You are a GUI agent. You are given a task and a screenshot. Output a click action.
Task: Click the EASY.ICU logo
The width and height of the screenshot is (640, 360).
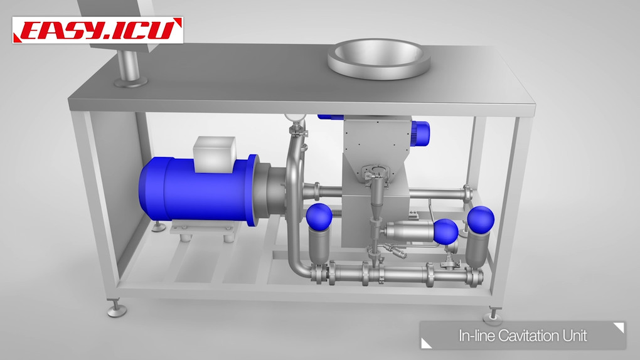97,30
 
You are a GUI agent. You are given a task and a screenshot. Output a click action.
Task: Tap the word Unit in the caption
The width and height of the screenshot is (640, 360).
575,336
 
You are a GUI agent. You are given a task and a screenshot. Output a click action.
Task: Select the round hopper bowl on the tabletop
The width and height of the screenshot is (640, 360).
379,58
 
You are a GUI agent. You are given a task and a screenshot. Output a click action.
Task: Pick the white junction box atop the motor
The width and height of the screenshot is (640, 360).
215,154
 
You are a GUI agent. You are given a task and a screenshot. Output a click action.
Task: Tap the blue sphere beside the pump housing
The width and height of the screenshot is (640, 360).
319,216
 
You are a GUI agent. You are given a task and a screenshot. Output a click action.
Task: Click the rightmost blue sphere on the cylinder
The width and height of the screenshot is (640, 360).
481,219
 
